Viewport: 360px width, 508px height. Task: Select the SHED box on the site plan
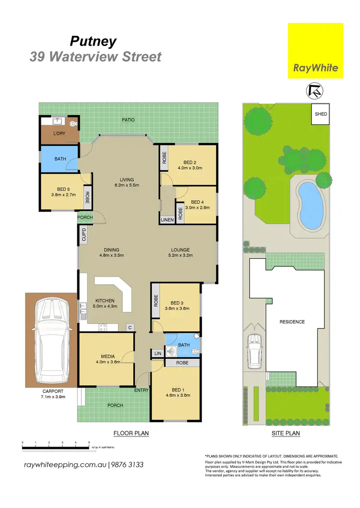pyautogui.click(x=320, y=114)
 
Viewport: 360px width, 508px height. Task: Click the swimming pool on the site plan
pyautogui.click(x=309, y=204)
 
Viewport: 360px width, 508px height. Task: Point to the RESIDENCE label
pyautogui.click(x=292, y=322)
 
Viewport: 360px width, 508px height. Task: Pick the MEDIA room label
pyautogui.click(x=107, y=356)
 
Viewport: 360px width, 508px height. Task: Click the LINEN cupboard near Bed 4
pyautogui.click(x=167, y=219)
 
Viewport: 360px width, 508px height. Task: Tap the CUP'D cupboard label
pyautogui.click(x=84, y=235)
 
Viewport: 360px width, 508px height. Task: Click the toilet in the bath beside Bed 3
pyautogui.click(x=194, y=352)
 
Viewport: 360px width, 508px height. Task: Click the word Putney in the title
pyautogui.click(x=93, y=41)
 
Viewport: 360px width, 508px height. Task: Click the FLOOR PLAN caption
pyautogui.click(x=131, y=433)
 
